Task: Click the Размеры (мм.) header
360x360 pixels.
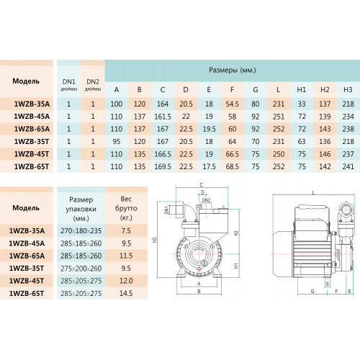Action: (x=233, y=70)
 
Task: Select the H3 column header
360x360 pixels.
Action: (x=348, y=89)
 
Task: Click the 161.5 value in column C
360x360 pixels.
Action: (x=163, y=117)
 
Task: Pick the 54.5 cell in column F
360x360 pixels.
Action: (x=232, y=104)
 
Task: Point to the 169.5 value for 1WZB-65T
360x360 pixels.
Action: (x=163, y=166)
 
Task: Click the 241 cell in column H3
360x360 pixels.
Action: (x=348, y=166)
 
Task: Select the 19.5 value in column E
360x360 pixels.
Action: (x=209, y=129)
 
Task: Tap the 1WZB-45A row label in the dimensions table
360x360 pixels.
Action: (x=32, y=117)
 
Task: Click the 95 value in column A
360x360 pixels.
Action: (x=117, y=142)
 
